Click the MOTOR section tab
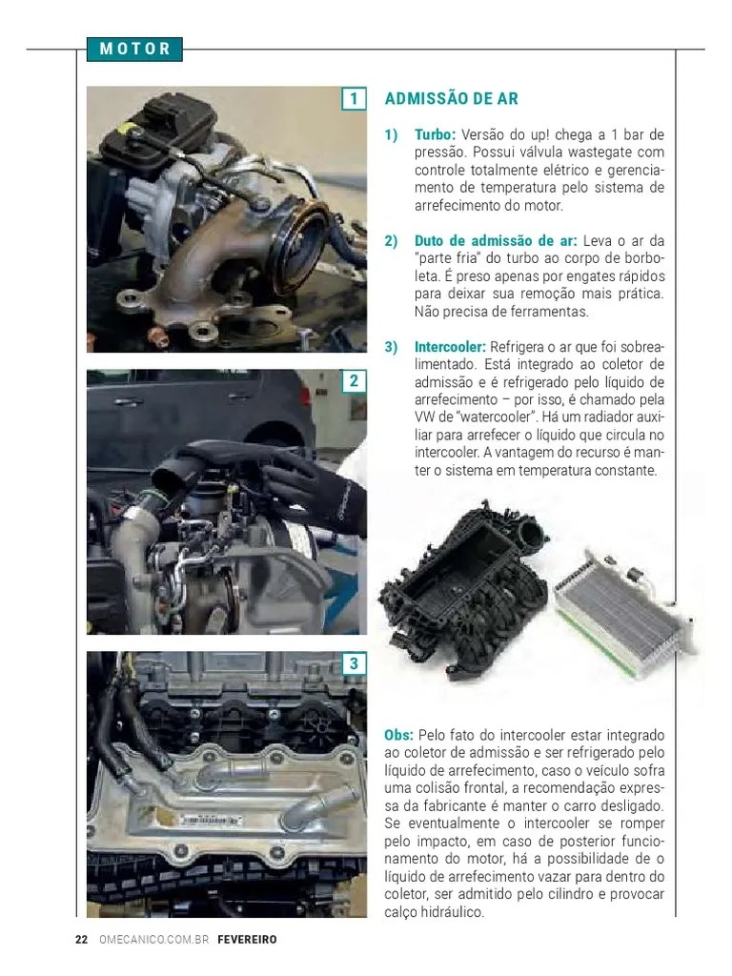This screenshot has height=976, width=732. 134,49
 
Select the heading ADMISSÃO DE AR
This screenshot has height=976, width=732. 451,99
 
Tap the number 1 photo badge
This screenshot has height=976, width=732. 354,99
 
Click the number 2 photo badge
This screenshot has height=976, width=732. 354,381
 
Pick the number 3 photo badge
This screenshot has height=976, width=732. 354,663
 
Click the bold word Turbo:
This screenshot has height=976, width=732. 435,135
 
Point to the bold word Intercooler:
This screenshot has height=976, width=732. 450,347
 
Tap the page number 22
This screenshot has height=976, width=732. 81,939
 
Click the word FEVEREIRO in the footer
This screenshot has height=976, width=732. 247,939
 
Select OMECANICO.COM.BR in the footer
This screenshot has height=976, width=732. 153,939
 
